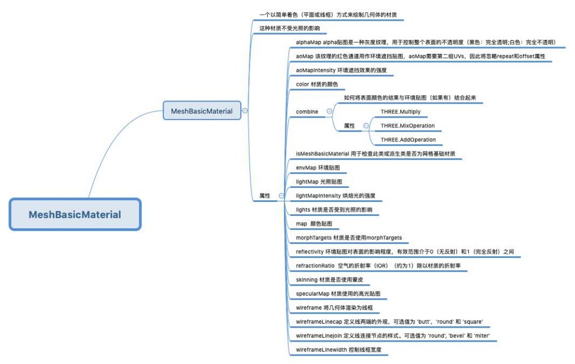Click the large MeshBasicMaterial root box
(x=75, y=215)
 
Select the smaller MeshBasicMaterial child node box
(x=202, y=110)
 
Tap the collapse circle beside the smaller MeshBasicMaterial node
(x=245, y=110)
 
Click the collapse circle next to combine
(x=329, y=111)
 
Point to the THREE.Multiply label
(x=400, y=112)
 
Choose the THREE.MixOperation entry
(x=408, y=126)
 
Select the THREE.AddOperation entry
(x=408, y=140)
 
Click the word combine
(x=307, y=112)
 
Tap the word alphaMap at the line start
(x=308, y=42)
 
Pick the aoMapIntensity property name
(x=316, y=70)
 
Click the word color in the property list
(x=303, y=84)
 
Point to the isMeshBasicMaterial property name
(x=322, y=154)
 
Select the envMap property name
(x=306, y=168)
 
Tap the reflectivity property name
(x=310, y=252)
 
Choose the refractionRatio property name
(x=316, y=265)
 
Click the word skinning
(x=307, y=280)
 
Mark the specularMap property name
(x=312, y=294)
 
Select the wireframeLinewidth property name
(x=321, y=350)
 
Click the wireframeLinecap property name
(x=319, y=321)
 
